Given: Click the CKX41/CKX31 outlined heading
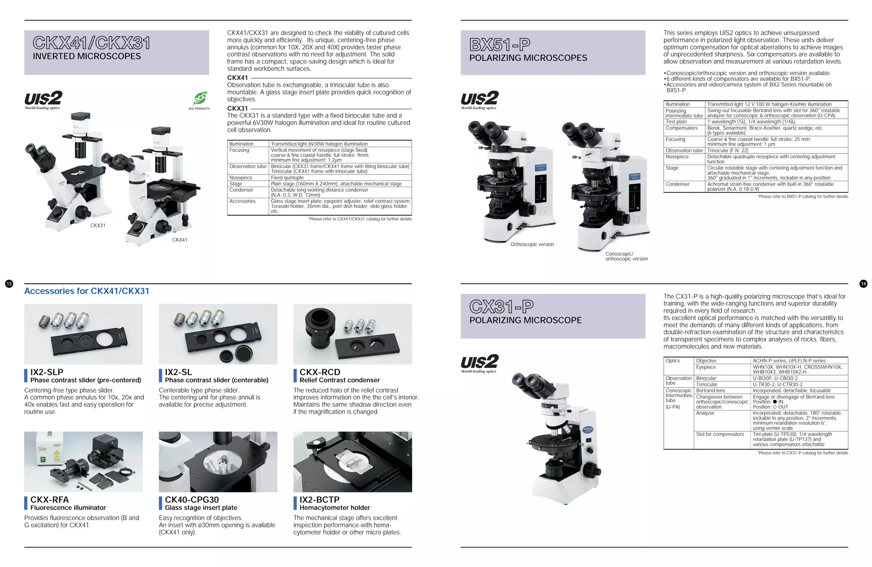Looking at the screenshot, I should point(92,43).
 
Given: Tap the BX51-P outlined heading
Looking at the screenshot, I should point(500,44).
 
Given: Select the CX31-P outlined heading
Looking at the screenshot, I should point(502,306).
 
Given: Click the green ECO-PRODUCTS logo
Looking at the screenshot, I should point(199,100).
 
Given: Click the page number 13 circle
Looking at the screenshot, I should point(9,284).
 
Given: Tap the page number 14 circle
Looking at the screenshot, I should point(863,284).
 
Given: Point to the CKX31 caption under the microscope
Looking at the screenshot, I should point(98,225).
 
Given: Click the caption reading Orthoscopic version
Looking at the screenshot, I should point(532,245).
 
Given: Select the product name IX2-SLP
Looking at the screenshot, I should point(47,372).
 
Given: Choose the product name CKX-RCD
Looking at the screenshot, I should point(320,372).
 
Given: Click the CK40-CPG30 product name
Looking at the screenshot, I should point(192,499).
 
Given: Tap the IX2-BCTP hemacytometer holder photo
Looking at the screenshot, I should point(353,462).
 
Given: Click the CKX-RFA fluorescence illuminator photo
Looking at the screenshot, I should point(83,462).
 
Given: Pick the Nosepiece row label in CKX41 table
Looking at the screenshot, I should point(241,178).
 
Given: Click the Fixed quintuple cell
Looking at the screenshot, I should point(287,178).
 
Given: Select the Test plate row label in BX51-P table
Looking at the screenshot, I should point(676,122).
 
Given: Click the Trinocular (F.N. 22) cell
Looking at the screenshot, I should point(728,151).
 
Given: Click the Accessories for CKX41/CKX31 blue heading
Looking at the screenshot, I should point(87,291).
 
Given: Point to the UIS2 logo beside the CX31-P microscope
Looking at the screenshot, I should point(479,363).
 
